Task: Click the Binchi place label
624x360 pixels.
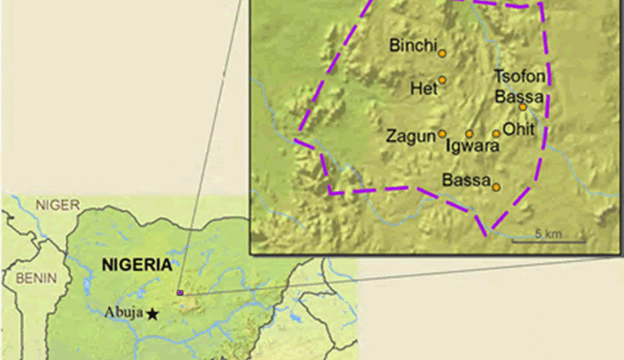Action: click(x=414, y=45)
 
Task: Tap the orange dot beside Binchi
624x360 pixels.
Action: click(x=443, y=53)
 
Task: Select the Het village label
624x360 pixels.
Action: click(x=423, y=88)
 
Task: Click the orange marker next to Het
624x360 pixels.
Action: click(x=443, y=81)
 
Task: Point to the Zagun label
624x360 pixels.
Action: click(x=410, y=136)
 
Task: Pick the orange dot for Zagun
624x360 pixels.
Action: click(x=443, y=134)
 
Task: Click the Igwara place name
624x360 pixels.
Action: click(x=473, y=147)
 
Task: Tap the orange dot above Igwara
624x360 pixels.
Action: click(x=469, y=134)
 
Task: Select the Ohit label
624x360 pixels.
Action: click(x=519, y=131)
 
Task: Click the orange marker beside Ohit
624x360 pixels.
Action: click(x=496, y=134)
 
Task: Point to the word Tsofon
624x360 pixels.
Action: click(x=519, y=77)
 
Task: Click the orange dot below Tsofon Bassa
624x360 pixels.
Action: click(x=523, y=108)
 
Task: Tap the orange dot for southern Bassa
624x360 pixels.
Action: click(x=496, y=187)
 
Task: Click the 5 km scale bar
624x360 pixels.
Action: click(x=546, y=240)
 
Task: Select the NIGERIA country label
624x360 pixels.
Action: click(x=137, y=265)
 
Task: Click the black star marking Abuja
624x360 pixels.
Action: click(x=153, y=313)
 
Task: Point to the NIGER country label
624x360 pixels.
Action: click(x=59, y=204)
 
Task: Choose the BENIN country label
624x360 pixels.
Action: click(x=32, y=278)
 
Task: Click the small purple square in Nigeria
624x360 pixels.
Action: click(x=180, y=292)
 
